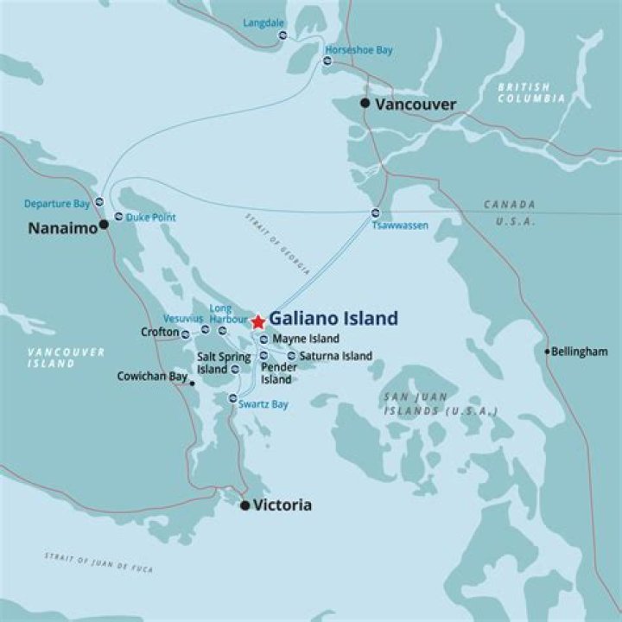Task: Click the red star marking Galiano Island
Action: click(257, 322)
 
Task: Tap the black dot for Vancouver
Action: click(365, 104)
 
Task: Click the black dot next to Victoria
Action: click(244, 505)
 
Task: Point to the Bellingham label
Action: click(580, 352)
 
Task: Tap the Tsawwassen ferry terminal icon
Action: click(375, 213)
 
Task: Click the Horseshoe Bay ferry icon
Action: click(328, 61)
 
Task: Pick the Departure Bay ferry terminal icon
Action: click(99, 202)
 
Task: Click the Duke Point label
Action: click(150, 218)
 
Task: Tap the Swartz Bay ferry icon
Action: click(232, 398)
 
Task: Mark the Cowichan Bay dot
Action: click(192, 384)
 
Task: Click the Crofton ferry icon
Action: click(185, 333)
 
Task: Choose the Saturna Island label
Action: click(336, 356)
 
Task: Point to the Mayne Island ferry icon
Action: click(263, 340)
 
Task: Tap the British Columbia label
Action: click(531, 92)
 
